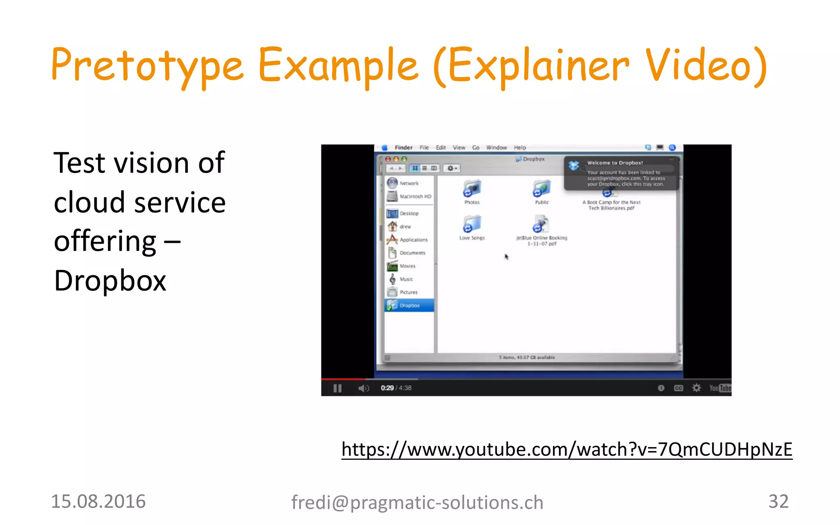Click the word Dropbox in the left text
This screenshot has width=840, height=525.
pos(110,281)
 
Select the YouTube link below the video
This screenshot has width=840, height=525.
pos(566,450)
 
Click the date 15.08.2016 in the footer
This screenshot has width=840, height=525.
pos(98,502)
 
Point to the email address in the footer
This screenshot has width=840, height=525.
pos(417,502)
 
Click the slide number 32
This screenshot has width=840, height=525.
pos(778,501)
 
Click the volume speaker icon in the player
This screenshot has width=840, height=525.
pos(363,388)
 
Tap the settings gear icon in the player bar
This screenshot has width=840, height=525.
pos(696,388)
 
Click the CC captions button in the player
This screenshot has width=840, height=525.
pos(678,388)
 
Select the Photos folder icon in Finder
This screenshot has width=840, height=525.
pos(472,189)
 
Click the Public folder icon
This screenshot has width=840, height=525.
pos(542,189)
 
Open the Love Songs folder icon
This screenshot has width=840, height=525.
pos(472,225)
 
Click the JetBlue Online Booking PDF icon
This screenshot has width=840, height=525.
pos(541,225)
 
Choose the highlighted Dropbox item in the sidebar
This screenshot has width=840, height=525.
pos(409,306)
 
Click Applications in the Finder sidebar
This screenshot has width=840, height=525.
pos(413,240)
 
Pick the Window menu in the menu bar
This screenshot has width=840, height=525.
pos(496,148)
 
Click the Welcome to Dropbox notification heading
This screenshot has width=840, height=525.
pos(614,163)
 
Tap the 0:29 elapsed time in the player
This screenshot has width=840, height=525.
pos(387,388)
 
